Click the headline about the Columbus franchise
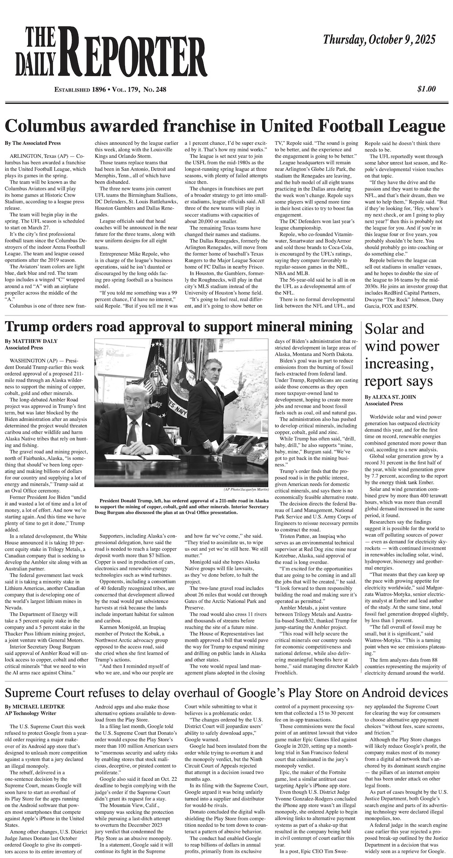(x=226, y=126)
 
